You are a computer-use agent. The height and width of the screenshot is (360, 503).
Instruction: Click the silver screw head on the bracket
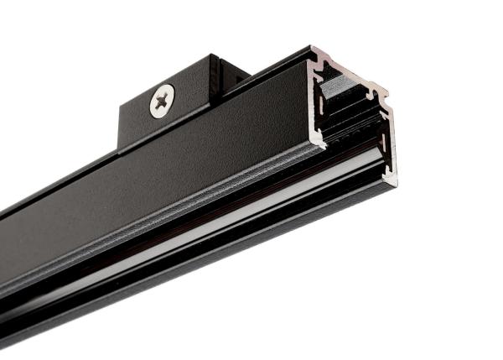coord(163,102)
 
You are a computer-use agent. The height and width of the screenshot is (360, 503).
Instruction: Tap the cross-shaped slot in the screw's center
coord(163,102)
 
